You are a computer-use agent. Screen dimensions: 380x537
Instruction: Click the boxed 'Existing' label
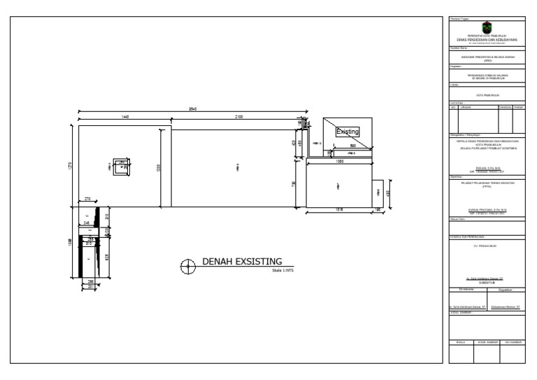coord(348,132)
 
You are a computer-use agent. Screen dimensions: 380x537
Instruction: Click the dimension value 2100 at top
coord(239,116)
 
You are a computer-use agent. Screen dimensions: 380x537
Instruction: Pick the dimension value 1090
coord(339,162)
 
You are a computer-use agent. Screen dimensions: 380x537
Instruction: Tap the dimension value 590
coord(353,146)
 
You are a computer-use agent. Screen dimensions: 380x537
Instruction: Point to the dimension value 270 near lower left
coord(87,200)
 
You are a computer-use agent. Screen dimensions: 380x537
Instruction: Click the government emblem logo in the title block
coord(487,27)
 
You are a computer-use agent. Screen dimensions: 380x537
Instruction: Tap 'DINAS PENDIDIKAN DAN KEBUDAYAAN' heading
coord(487,39)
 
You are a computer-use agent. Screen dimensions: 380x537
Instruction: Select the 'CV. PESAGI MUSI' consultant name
coord(487,246)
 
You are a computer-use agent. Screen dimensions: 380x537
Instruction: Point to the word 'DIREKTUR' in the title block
coord(487,282)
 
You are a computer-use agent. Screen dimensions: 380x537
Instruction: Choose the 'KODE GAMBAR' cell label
coord(487,342)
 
